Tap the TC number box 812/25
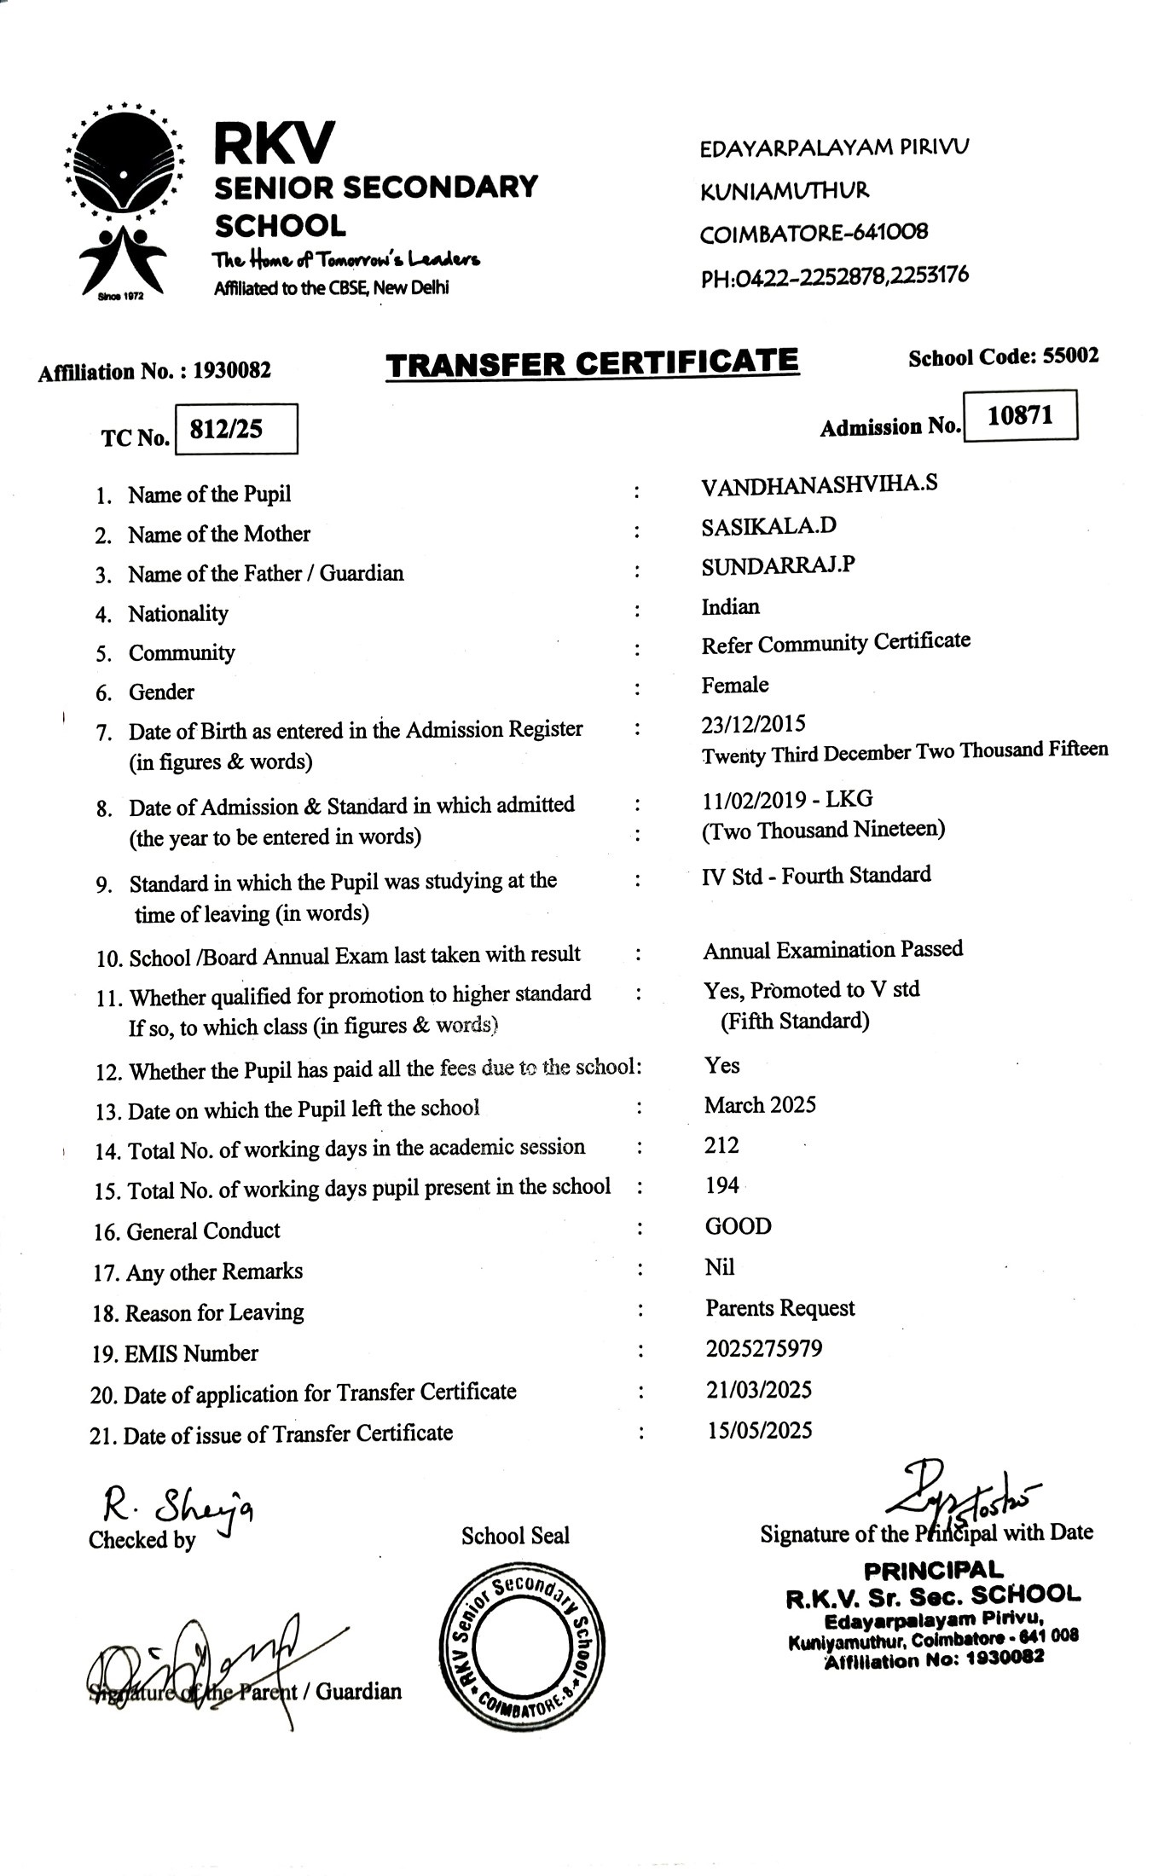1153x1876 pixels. click(235, 429)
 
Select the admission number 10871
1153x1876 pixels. click(1020, 415)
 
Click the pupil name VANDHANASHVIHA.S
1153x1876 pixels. click(819, 484)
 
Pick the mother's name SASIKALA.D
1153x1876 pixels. click(768, 525)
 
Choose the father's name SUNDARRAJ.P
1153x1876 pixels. click(778, 565)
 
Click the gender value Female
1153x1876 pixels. click(734, 685)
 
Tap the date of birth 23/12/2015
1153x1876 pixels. click(753, 724)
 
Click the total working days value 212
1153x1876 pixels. click(721, 1144)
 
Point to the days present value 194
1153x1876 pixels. click(721, 1185)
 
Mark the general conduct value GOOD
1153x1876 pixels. click(738, 1226)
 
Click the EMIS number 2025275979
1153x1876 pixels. click(764, 1348)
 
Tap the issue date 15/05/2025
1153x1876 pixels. click(759, 1430)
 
